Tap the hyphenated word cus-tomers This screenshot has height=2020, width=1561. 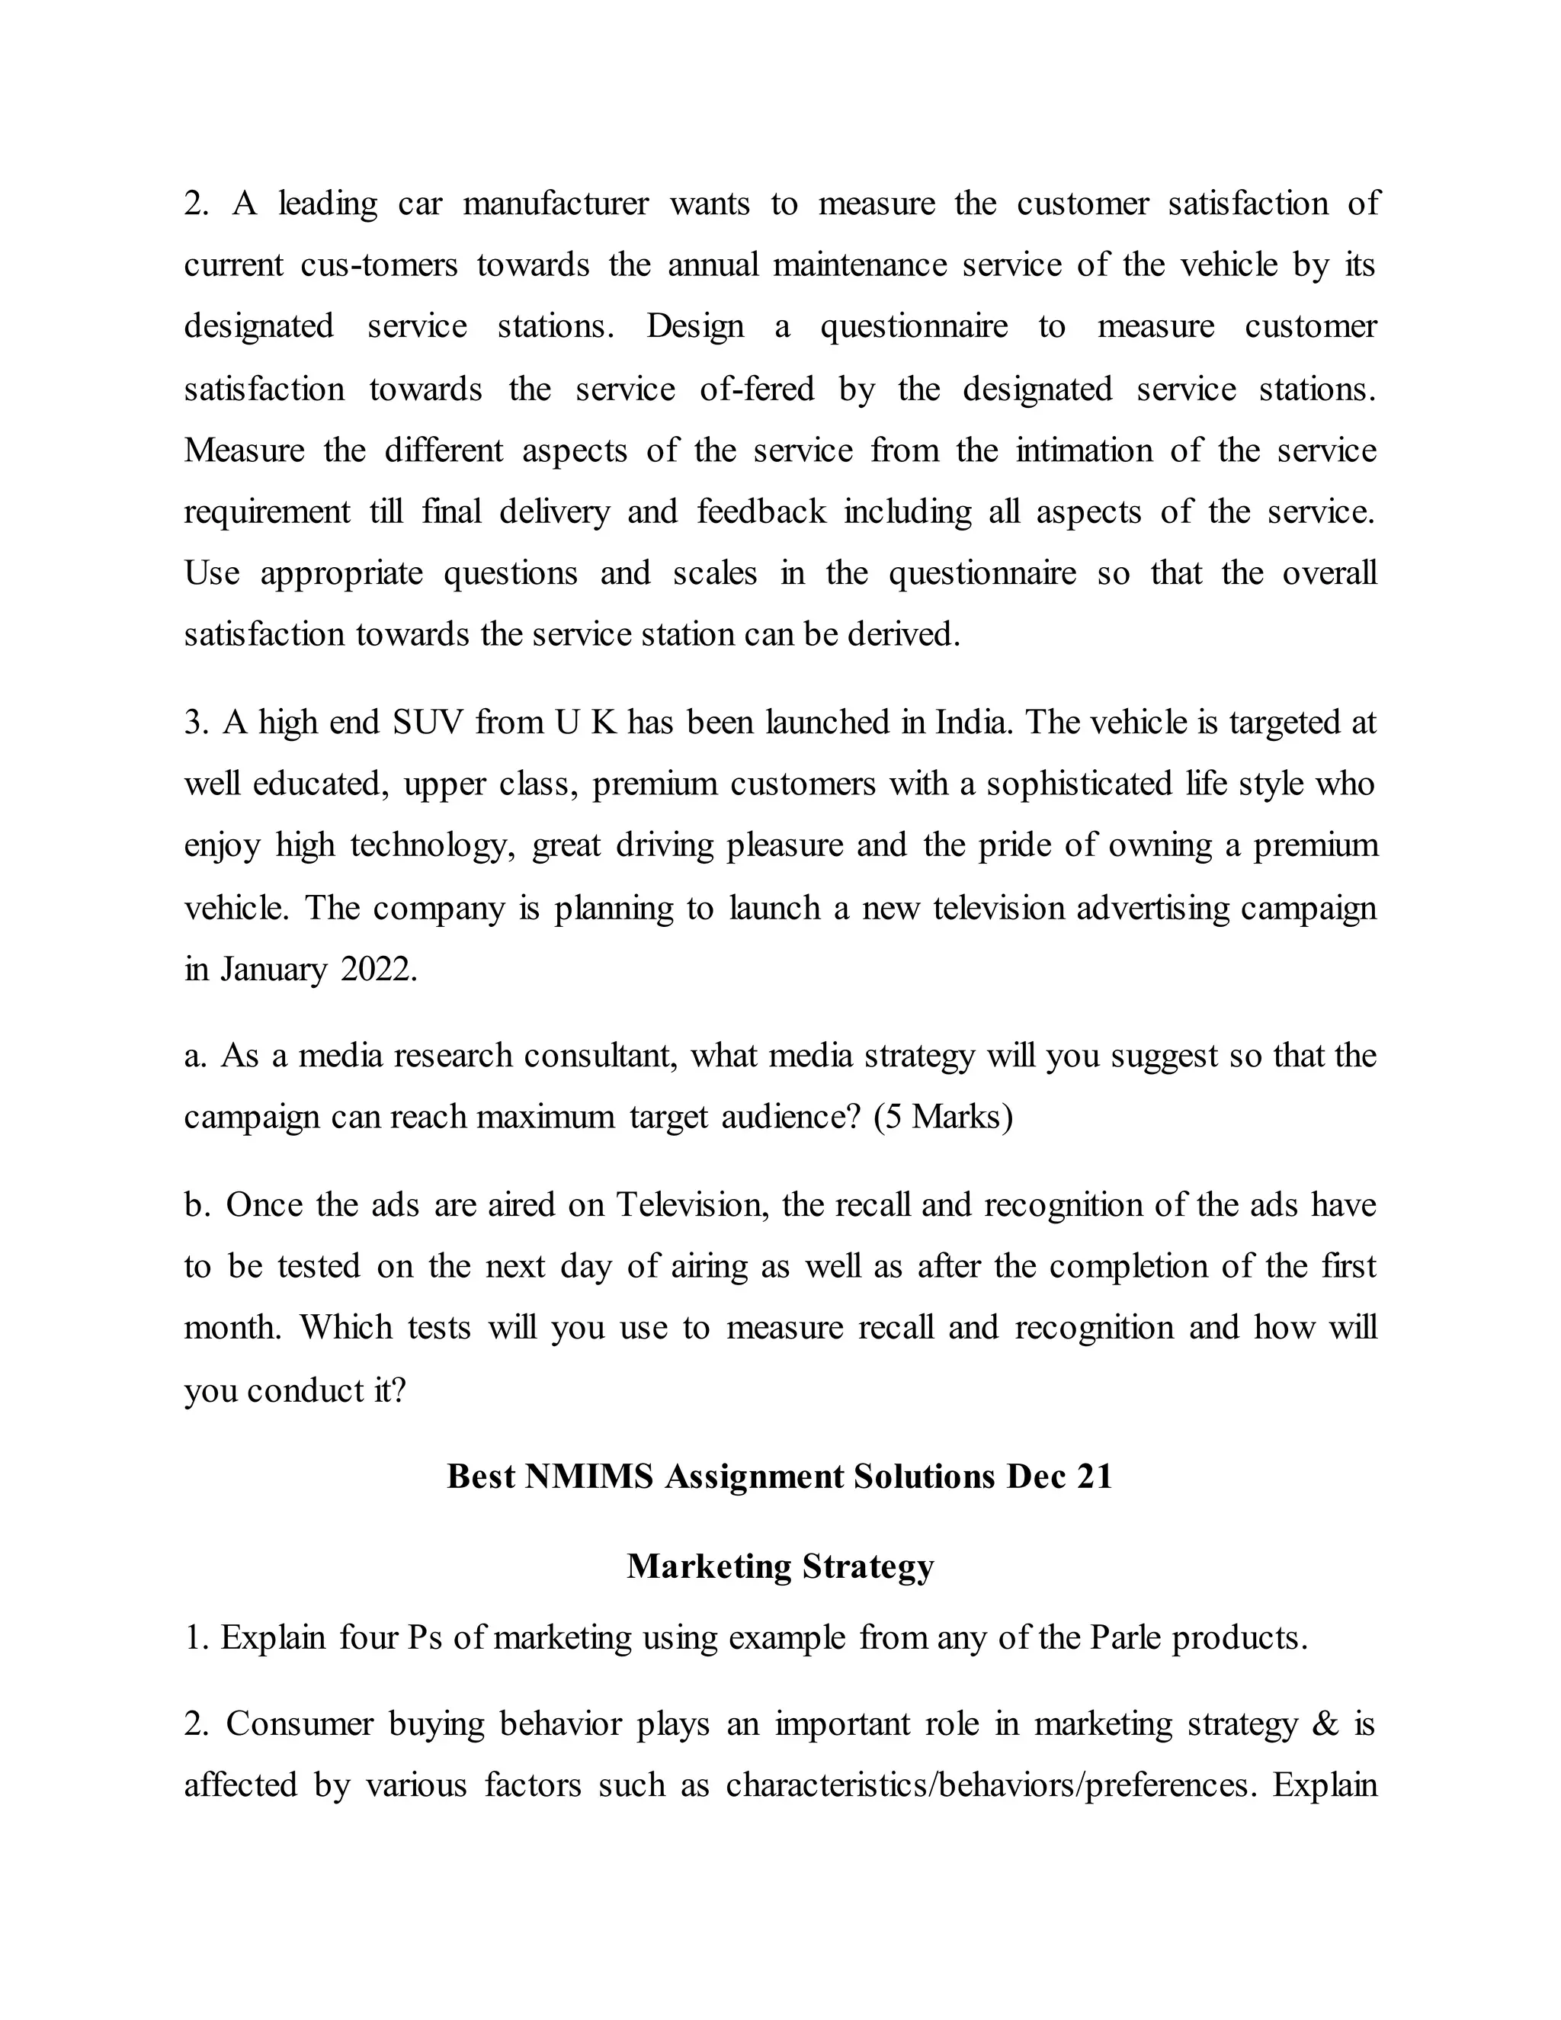click(x=379, y=265)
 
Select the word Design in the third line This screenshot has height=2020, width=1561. click(x=694, y=326)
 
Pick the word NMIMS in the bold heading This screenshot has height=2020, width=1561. click(x=588, y=1477)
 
